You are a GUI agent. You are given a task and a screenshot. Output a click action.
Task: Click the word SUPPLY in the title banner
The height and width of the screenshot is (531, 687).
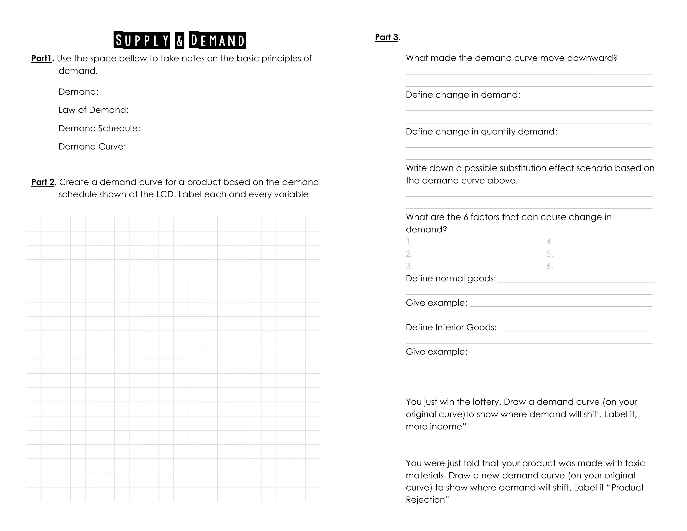pos(142,41)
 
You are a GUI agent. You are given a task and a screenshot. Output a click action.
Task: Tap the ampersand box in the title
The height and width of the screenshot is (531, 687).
pos(180,41)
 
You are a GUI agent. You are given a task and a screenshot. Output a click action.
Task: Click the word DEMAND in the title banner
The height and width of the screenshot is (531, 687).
pos(217,41)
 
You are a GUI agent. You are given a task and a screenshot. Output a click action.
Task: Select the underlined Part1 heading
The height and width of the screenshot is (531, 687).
pos(42,58)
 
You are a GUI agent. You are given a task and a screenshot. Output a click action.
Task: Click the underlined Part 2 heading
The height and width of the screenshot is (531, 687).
pos(43,182)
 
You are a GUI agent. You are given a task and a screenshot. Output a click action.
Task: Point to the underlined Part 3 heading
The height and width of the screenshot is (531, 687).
pos(386,37)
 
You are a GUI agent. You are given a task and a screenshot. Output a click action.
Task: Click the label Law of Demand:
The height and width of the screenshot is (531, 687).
pos(94,110)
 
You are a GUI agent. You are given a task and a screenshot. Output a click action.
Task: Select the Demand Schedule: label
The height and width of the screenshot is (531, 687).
pos(99,128)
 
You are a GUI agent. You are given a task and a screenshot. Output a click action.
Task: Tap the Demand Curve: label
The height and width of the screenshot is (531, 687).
pos(92,147)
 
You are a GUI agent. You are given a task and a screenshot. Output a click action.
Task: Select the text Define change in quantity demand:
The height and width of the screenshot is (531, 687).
pos(481,132)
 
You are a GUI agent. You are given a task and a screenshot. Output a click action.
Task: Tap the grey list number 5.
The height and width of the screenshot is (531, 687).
pos(549,254)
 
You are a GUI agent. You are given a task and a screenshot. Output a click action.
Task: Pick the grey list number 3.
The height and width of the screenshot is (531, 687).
pos(409,266)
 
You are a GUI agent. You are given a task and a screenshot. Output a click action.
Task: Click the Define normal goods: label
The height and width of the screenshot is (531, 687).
pos(451,279)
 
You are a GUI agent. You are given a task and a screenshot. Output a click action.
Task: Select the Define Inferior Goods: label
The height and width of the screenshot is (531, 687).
pos(451,327)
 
